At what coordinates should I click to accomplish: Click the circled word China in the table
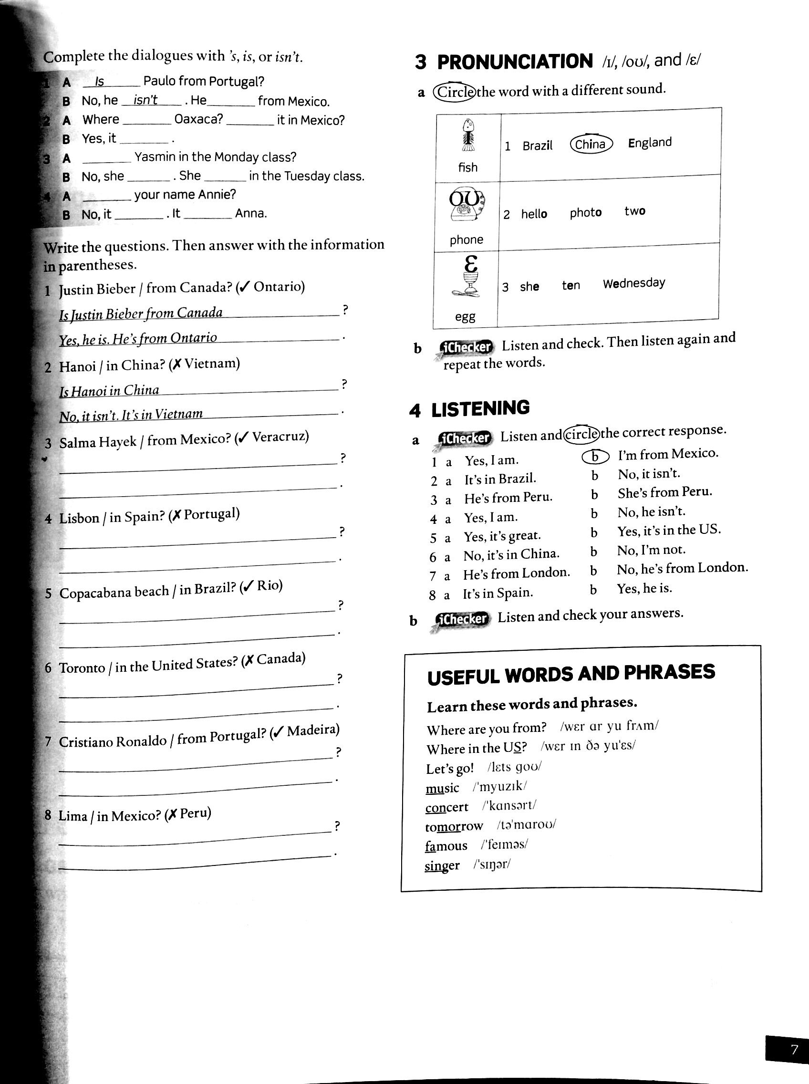pyautogui.click(x=591, y=144)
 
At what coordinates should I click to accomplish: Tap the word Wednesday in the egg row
pyautogui.click(x=633, y=283)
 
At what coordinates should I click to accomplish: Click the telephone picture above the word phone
pyautogui.click(x=467, y=205)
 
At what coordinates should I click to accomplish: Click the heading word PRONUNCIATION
pyautogui.click(x=515, y=62)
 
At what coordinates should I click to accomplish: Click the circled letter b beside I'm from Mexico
pyautogui.click(x=595, y=457)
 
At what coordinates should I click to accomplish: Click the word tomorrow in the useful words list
pyautogui.click(x=454, y=826)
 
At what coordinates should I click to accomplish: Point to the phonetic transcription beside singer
pyautogui.click(x=492, y=864)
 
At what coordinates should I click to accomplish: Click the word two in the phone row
pyautogui.click(x=635, y=211)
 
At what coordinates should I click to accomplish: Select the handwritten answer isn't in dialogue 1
pyautogui.click(x=145, y=100)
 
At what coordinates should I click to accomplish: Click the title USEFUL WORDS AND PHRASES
pyautogui.click(x=571, y=674)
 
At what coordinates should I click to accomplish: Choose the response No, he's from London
pyautogui.click(x=682, y=568)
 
